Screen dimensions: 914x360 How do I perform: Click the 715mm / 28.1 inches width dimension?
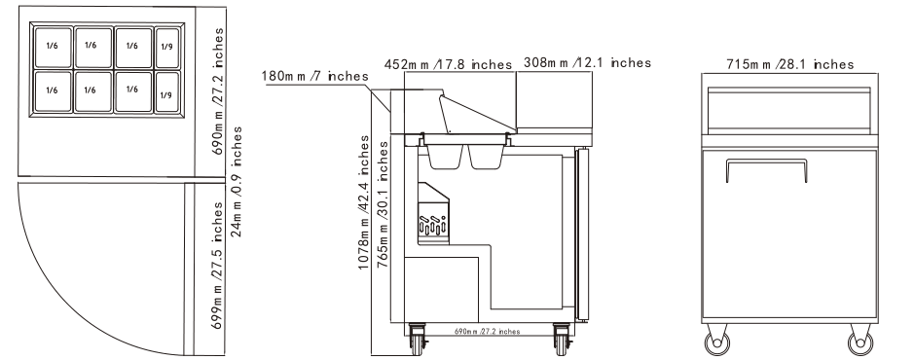(789, 64)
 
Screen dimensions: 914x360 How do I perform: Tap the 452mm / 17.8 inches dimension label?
(448, 64)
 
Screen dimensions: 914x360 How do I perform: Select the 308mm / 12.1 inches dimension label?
(587, 62)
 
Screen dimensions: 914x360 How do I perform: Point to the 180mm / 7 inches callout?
(314, 76)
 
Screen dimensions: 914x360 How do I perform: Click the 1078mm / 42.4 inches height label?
(364, 202)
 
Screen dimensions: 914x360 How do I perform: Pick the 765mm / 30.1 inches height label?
(383, 204)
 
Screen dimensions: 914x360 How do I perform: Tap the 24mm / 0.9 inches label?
(236, 182)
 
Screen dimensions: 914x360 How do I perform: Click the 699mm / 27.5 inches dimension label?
(217, 266)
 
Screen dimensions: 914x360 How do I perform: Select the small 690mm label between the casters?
(487, 332)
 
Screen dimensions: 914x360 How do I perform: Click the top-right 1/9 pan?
(167, 48)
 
